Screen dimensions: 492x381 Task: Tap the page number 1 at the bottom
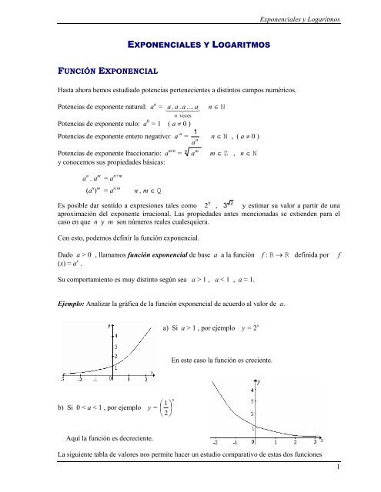(x=368, y=486)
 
